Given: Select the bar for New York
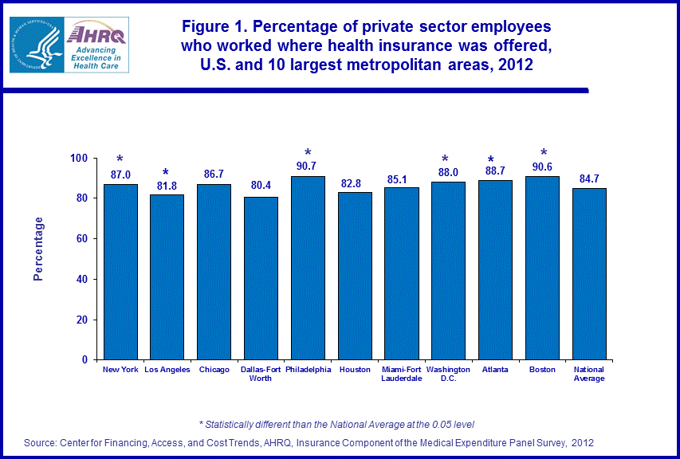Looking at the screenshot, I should tap(120, 272).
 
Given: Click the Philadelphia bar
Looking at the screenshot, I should tap(308, 268).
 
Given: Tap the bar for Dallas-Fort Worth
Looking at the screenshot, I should tap(261, 278).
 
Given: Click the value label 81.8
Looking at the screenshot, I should tap(167, 186).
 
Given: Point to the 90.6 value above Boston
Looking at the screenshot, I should tap(542, 167).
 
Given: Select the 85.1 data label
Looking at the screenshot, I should tap(401, 178).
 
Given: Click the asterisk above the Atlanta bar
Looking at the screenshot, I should tap(495, 160).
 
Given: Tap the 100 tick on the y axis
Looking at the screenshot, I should tap(78, 158).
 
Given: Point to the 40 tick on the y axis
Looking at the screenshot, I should tap(81, 279).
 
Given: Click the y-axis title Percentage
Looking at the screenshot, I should tap(38, 249).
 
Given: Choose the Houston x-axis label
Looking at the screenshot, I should tap(355, 370).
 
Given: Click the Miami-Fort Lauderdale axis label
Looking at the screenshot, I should tap(401, 374).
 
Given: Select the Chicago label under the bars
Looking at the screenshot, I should tap(214, 370).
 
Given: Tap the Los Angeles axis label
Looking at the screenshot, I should tap(167, 370).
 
